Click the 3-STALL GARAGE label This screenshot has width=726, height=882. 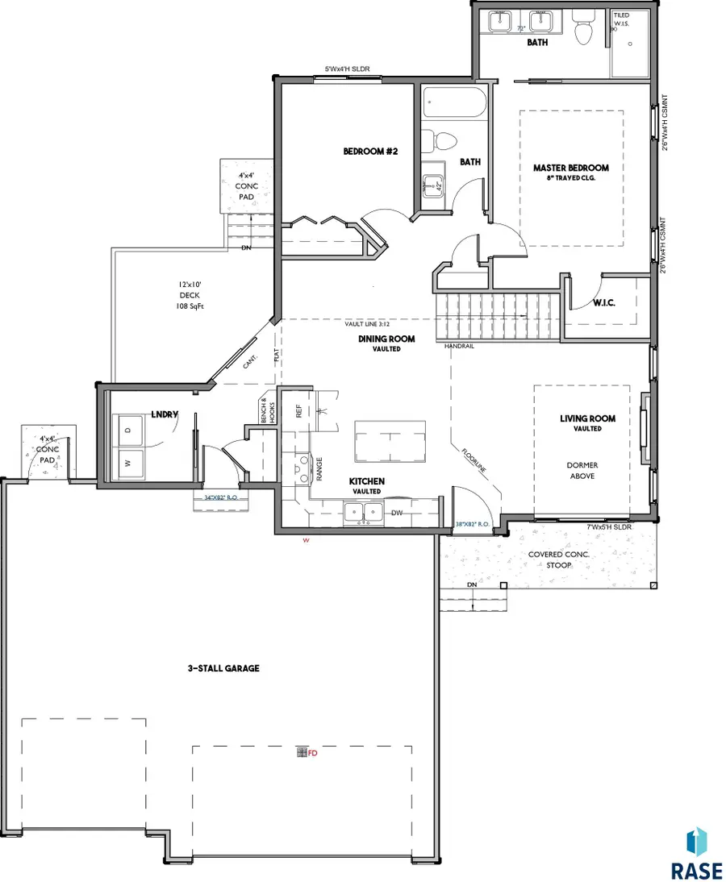pos(219,668)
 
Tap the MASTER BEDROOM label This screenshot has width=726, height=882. pos(570,168)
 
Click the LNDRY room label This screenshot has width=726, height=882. pos(165,414)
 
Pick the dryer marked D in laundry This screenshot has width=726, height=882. pos(130,431)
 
